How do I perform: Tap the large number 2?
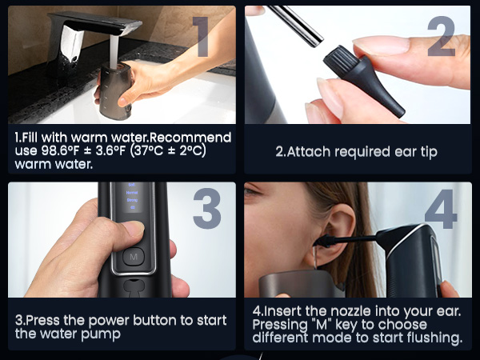442,36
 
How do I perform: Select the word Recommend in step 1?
191,138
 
